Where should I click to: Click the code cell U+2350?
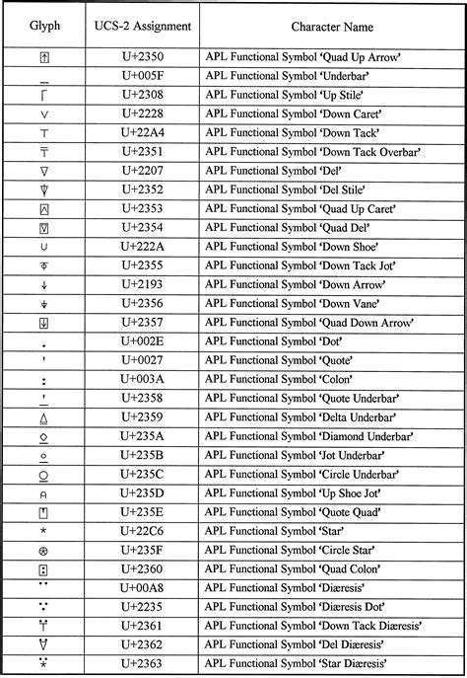pos(142,57)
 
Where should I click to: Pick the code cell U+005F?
pos(142,76)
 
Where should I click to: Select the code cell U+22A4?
pos(142,132)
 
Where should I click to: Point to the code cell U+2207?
pos(142,170)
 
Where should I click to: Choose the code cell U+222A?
pos(142,246)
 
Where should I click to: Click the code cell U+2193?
pos(142,284)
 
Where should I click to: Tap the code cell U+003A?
pos(142,379)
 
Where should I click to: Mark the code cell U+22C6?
pos(142,531)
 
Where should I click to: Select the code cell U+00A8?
pos(142,588)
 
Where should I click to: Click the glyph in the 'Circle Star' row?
pos(43,550)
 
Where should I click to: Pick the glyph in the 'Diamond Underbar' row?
pos(43,436)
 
